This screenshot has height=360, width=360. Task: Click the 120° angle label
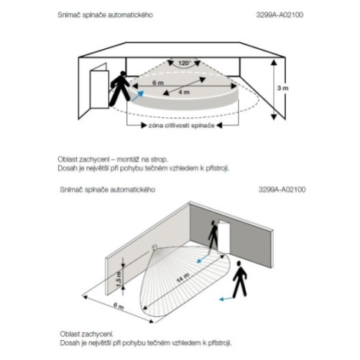[185, 63]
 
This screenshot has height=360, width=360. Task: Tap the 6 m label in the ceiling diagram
[158, 83]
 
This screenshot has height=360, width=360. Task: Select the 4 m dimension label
[184, 92]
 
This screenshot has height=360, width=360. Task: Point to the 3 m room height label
[283, 88]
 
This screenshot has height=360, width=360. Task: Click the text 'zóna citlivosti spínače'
[182, 126]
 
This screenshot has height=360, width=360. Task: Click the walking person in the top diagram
[119, 88]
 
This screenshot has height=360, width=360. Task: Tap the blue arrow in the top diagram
[138, 96]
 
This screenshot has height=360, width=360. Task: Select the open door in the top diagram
[100, 86]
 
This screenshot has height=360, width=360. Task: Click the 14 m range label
[183, 277]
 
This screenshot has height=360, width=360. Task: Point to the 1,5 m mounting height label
[119, 279]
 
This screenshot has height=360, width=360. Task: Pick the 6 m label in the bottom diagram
[119, 306]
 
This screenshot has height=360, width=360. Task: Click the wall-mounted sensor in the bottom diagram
[155, 247]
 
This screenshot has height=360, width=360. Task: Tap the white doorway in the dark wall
[224, 237]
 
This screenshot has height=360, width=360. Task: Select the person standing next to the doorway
[213, 236]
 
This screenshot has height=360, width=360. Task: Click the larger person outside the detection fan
[240, 279]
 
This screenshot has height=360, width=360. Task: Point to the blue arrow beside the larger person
[227, 299]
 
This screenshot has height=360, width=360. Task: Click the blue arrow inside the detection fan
[203, 258]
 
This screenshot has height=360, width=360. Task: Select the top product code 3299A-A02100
[280, 15]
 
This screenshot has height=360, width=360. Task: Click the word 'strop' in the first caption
[159, 159]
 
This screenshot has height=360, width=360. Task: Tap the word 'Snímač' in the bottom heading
[69, 190]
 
